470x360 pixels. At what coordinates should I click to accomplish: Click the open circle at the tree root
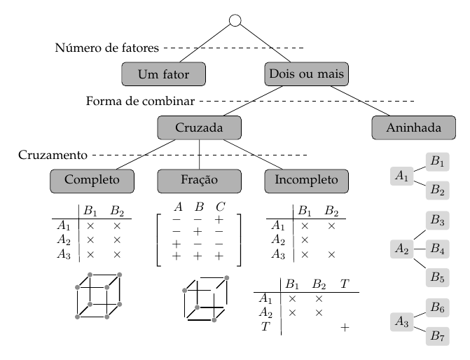(235, 20)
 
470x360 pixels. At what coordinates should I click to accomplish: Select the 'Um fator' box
(165, 73)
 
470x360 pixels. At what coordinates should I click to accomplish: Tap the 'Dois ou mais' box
(306, 73)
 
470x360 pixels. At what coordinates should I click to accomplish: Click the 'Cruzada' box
(200, 127)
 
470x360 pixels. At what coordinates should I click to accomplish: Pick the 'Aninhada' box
(414, 127)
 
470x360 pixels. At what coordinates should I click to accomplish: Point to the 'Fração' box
(200, 180)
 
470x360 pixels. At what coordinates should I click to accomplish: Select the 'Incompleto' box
(306, 180)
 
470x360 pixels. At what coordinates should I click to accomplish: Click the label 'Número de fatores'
(106, 48)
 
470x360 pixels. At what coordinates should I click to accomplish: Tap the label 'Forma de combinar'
(140, 102)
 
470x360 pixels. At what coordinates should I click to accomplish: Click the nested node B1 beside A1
(438, 162)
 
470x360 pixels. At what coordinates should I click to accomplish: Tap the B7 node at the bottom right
(438, 335)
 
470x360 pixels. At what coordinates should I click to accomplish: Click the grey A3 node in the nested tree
(401, 322)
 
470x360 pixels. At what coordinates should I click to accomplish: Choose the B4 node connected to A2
(438, 248)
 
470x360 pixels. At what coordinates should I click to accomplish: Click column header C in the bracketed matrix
(220, 207)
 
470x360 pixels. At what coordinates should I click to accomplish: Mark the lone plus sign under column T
(344, 327)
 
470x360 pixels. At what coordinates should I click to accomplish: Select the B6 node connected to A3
(438, 307)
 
